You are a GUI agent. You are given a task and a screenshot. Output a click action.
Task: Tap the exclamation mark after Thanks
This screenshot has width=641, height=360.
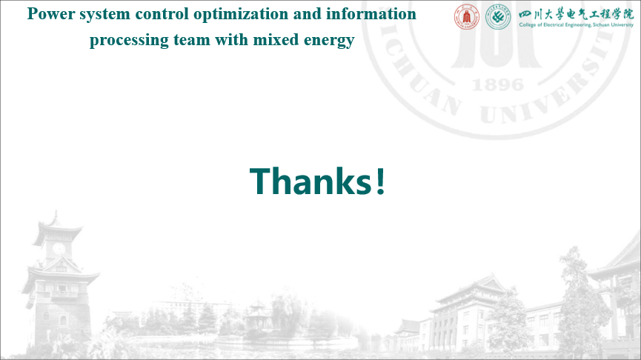(x=381, y=181)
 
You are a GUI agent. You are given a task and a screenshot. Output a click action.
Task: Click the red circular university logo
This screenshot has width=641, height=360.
(x=467, y=17)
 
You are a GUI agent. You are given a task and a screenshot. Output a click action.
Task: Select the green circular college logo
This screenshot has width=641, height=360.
(x=498, y=17)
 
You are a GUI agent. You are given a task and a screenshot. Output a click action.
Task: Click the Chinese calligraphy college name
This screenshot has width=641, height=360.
(x=576, y=14)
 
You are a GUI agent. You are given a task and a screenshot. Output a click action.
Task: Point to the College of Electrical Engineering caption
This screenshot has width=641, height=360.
(x=576, y=25)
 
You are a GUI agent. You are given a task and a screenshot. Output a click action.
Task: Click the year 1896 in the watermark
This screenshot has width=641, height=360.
(x=497, y=85)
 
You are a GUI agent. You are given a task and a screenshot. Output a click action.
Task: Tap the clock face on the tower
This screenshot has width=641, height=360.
(x=59, y=248)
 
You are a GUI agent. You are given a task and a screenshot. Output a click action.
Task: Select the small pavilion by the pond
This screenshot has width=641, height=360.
(x=258, y=315)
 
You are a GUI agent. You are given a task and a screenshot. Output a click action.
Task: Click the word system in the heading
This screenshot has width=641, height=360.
(x=104, y=15)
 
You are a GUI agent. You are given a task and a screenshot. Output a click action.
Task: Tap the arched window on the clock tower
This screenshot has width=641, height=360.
(x=63, y=320)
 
